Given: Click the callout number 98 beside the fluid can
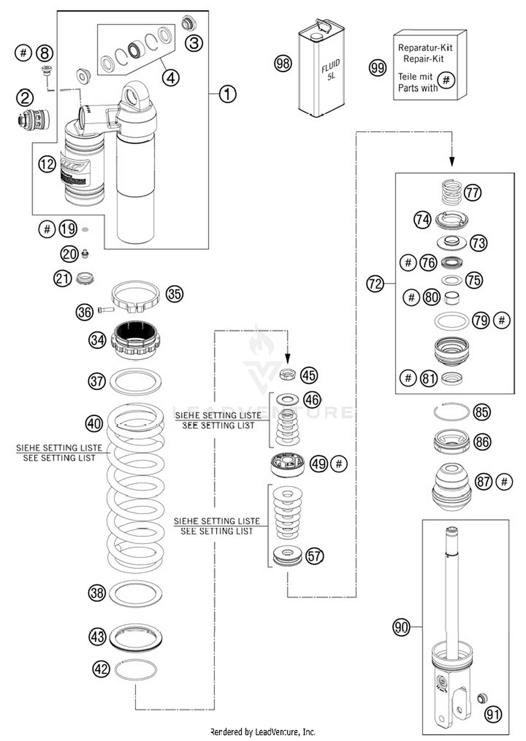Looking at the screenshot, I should (x=283, y=63).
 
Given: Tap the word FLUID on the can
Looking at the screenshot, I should (x=330, y=66).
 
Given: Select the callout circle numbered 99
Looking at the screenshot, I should (x=377, y=68).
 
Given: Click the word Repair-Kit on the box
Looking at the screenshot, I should (x=423, y=59).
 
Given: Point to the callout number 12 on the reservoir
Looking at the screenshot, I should (x=47, y=164).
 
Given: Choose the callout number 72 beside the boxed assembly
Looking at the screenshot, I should (x=375, y=283).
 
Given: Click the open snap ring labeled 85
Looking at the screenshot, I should (x=451, y=411).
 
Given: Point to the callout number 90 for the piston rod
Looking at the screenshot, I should (x=401, y=626).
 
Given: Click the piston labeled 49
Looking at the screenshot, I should (x=287, y=464).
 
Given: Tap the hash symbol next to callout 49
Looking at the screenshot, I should (x=339, y=464).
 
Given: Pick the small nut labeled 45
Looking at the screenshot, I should (x=287, y=375).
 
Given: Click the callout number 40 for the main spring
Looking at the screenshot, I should (x=94, y=423).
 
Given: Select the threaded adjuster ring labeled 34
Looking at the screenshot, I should (x=135, y=339).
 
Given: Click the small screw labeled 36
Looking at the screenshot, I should (x=105, y=310).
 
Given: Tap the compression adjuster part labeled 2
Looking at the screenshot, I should (x=33, y=119).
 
